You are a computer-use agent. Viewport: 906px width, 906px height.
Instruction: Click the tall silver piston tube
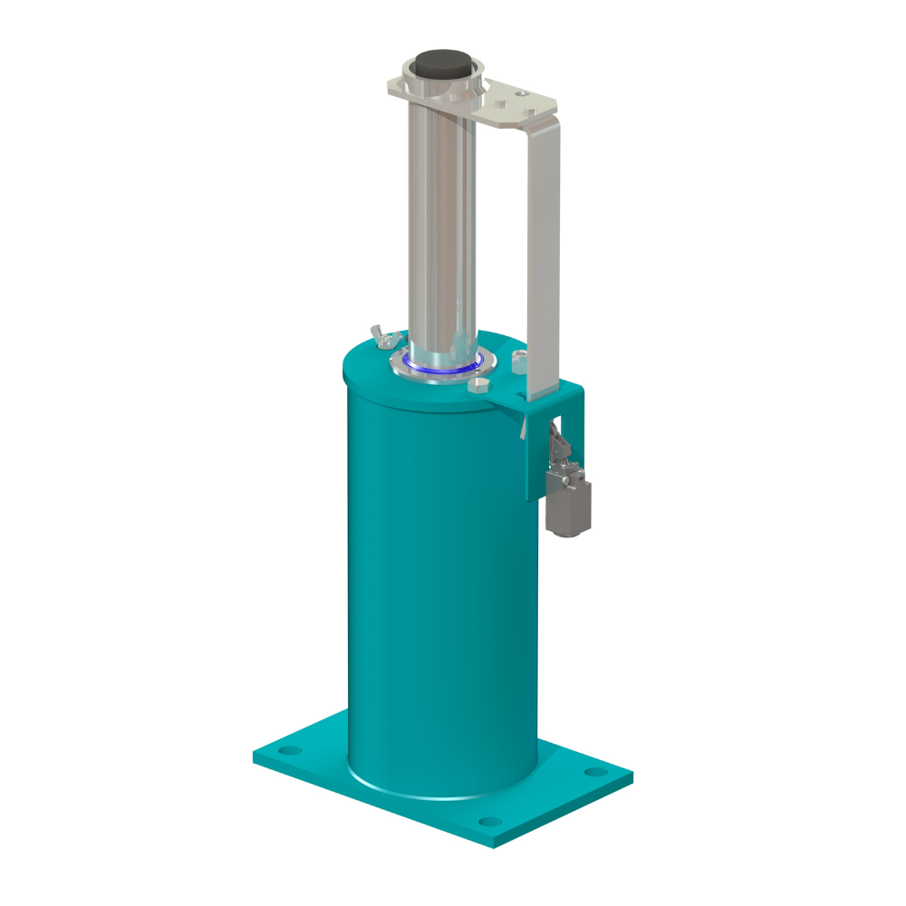[441, 226]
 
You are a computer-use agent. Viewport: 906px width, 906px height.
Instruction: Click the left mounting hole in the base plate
[287, 751]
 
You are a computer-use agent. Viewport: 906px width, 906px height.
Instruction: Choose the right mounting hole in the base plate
[594, 772]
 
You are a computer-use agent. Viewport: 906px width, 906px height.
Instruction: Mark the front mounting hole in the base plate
[489, 822]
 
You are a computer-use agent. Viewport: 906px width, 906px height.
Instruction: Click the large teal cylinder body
[435, 580]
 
